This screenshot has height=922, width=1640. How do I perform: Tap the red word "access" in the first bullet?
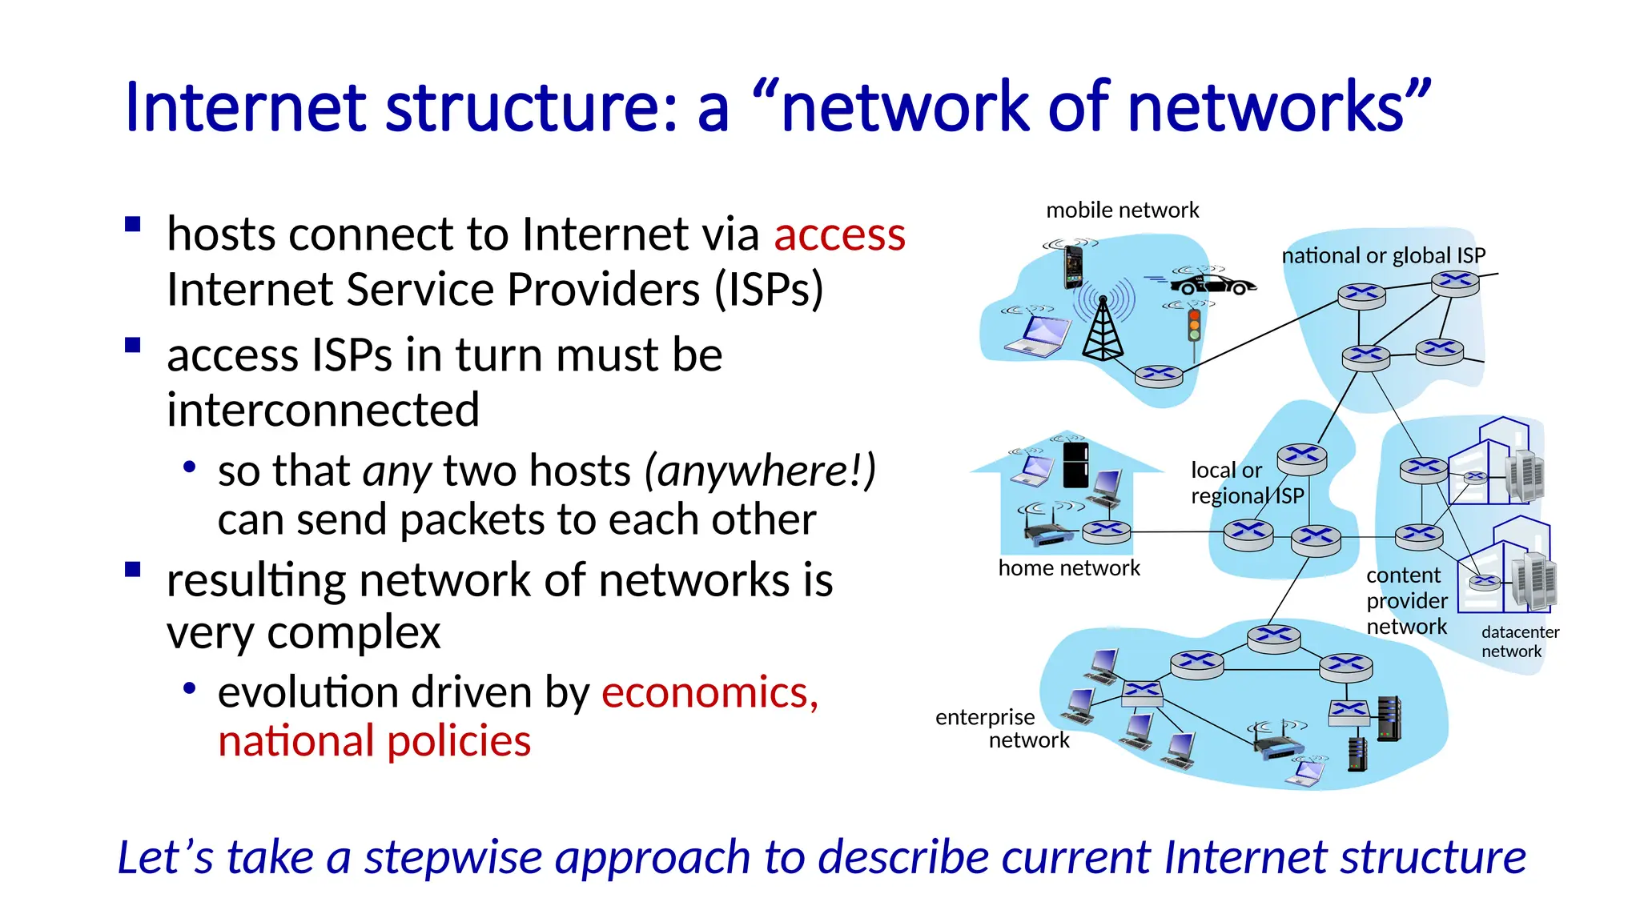tap(839, 235)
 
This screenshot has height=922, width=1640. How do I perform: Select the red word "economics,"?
tap(709, 692)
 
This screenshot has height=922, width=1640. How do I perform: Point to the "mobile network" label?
tap(1122, 210)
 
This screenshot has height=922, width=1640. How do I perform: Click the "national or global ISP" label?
tap(1383, 256)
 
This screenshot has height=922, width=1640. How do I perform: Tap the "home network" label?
tap(1068, 568)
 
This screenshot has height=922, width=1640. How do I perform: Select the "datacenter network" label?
tap(1519, 642)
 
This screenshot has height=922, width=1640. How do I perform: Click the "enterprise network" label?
tap(1001, 728)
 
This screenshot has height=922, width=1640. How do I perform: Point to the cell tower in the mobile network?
tap(1103, 328)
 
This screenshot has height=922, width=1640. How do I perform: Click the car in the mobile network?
tap(1212, 284)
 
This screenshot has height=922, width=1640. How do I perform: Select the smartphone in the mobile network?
tap(1072, 267)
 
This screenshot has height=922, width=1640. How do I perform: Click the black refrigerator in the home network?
tap(1075, 465)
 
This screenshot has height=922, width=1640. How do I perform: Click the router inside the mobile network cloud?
tap(1158, 375)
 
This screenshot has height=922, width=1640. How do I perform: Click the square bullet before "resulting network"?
tap(133, 570)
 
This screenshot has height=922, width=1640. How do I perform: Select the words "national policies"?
tap(374, 741)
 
